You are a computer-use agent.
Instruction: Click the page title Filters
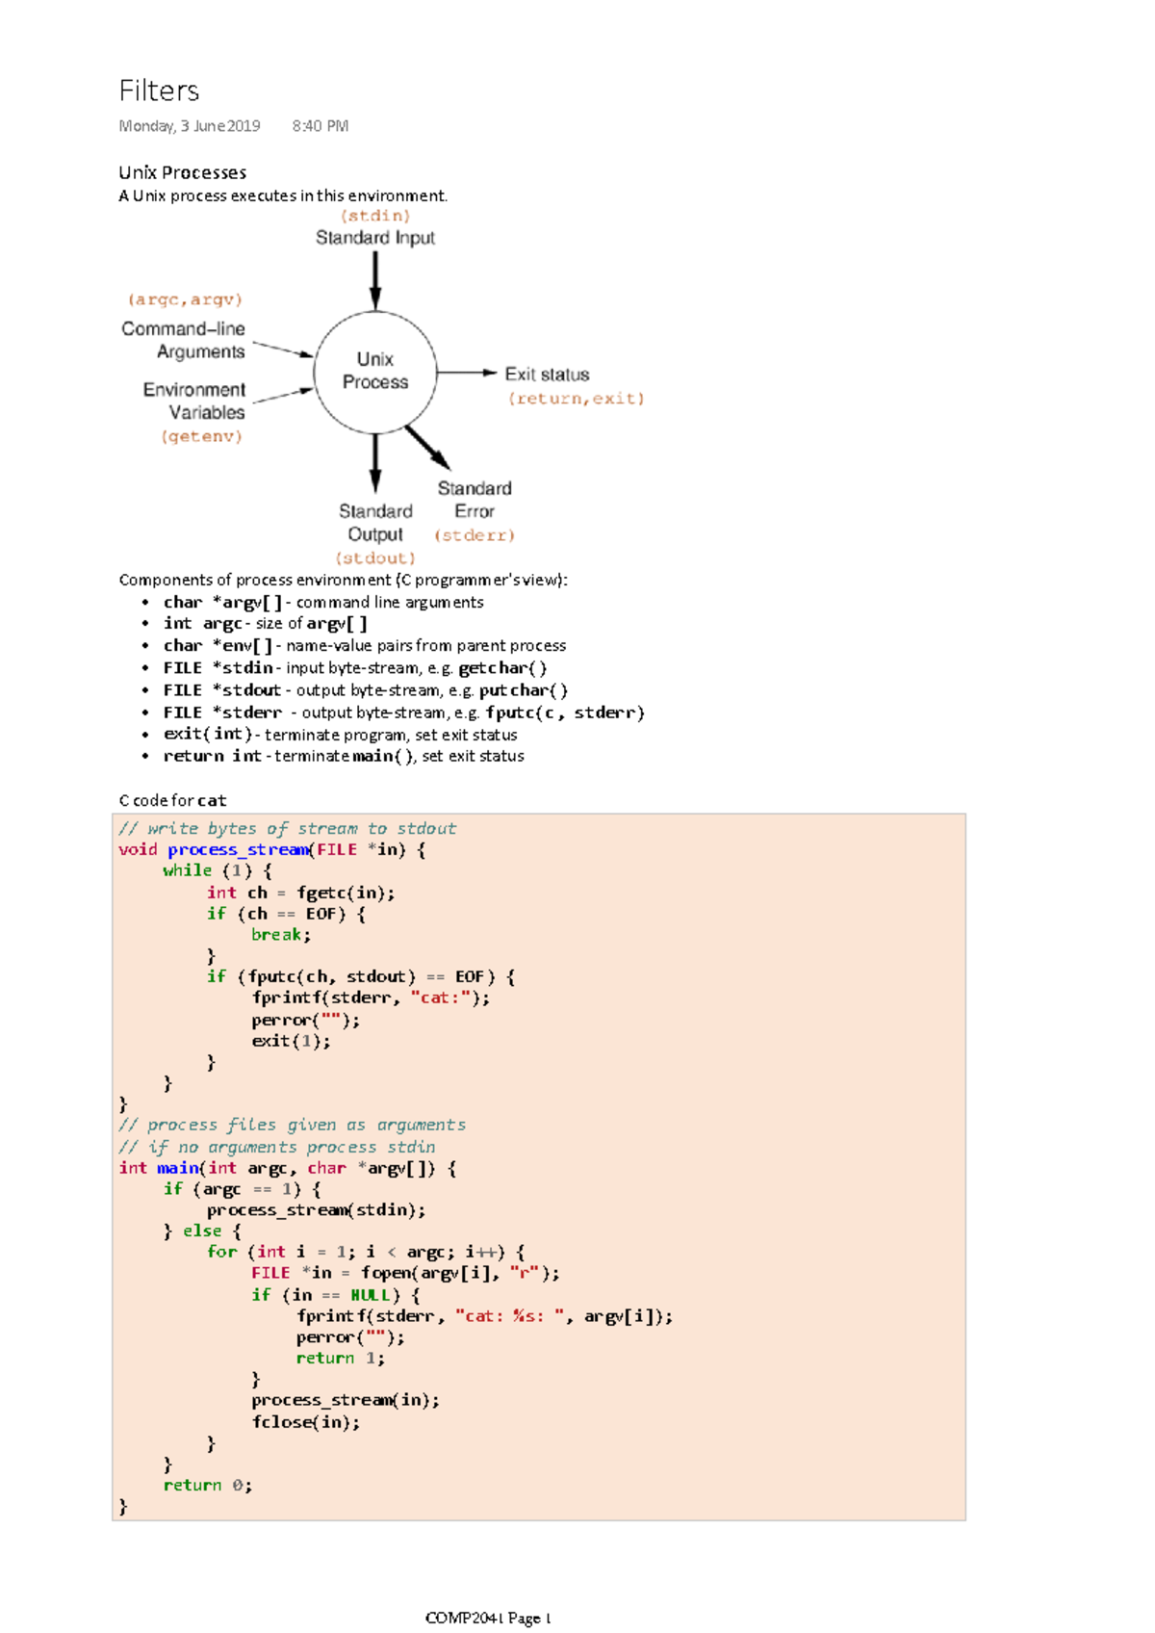[x=159, y=91]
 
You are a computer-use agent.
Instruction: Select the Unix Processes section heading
[x=182, y=172]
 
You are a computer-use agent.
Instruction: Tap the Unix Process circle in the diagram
[x=375, y=372]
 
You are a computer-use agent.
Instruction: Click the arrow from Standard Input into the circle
[x=375, y=280]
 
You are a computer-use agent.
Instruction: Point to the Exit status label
[x=547, y=375]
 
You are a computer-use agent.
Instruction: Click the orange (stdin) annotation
[x=375, y=216]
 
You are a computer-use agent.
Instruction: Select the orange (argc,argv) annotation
[x=185, y=299]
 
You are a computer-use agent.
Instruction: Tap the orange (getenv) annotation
[x=201, y=436]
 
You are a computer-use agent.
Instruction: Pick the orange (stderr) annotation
[x=475, y=535]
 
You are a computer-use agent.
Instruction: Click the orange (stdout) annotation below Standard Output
[x=375, y=558]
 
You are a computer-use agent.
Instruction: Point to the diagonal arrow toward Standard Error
[x=427, y=447]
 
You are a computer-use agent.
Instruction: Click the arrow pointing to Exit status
[x=467, y=373]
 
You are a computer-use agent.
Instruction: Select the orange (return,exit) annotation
[x=576, y=399]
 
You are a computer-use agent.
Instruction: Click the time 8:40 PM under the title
[x=321, y=126]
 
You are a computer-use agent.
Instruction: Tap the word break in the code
[x=280, y=935]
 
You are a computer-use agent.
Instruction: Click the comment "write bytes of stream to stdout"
[x=288, y=829]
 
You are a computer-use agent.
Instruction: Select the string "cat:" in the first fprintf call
[x=441, y=998]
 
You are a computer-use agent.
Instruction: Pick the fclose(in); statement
[x=306, y=1422]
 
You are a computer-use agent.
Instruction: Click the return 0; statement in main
[x=207, y=1486]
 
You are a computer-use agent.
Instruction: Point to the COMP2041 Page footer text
[x=488, y=1619]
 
